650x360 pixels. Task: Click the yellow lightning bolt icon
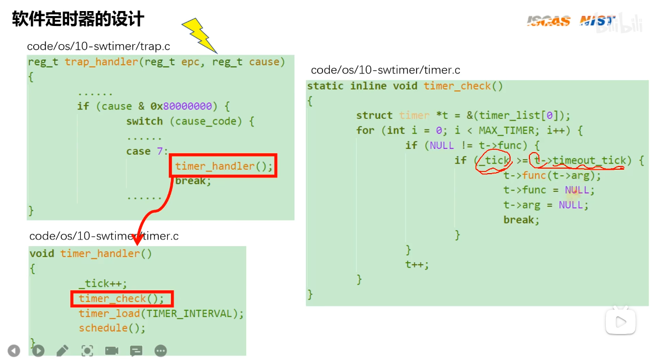click(199, 35)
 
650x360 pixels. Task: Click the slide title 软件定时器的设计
click(78, 19)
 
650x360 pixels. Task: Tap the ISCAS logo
click(548, 20)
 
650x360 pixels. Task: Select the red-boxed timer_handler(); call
click(223, 166)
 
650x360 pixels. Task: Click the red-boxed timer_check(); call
click(122, 299)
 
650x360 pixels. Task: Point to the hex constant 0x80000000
click(181, 106)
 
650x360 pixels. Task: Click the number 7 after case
click(160, 151)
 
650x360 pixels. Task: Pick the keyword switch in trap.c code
click(144, 121)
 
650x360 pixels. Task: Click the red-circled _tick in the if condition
click(493, 160)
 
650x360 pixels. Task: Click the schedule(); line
click(112, 328)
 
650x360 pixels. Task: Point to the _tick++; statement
click(103, 283)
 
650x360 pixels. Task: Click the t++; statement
click(417, 264)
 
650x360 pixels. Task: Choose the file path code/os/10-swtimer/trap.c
click(98, 46)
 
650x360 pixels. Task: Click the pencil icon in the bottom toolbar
click(63, 351)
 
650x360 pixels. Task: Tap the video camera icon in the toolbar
click(112, 351)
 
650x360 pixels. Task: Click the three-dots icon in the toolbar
click(161, 351)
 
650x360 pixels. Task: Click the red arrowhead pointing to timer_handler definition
click(138, 240)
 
